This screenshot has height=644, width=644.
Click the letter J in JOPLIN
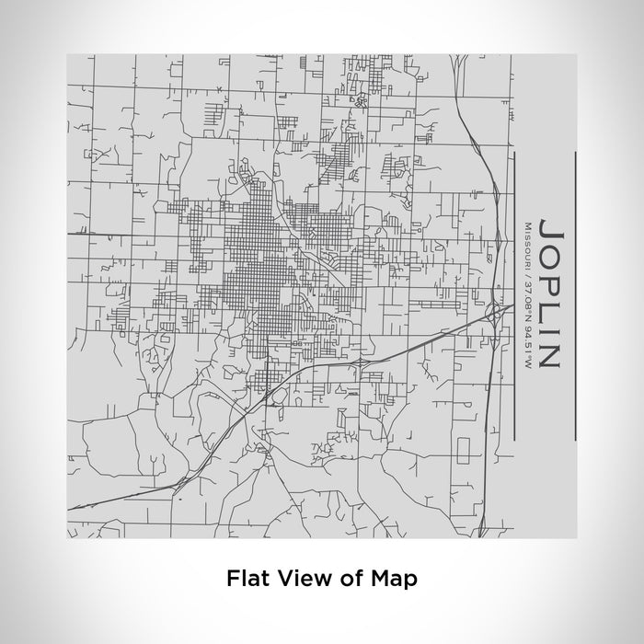pyautogui.click(x=548, y=227)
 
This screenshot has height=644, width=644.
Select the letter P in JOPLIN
pyautogui.click(x=548, y=279)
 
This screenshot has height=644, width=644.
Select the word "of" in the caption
pyautogui.click(x=337, y=579)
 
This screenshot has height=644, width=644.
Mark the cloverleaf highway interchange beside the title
pyautogui.click(x=498, y=313)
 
